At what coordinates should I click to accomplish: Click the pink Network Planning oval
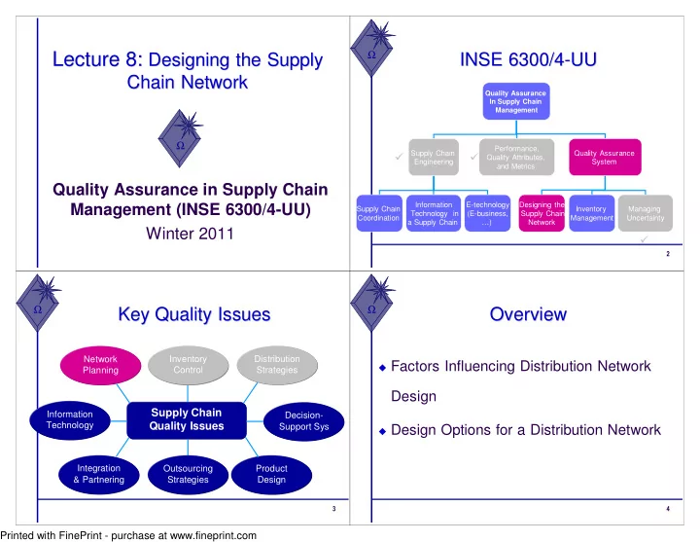pos(100,365)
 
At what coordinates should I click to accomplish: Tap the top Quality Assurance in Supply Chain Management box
pos(515,101)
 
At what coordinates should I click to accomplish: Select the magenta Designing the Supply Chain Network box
pos(542,214)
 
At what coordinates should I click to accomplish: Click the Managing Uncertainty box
pos(645,214)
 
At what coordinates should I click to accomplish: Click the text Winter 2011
pos(186,235)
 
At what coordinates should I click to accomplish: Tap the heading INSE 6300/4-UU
pos(527,60)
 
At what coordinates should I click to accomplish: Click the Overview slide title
pos(528,314)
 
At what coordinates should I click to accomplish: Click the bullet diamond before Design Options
pos(383,431)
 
